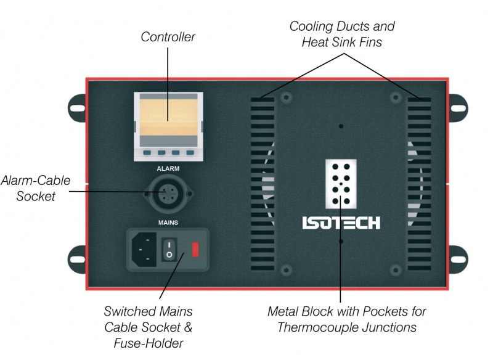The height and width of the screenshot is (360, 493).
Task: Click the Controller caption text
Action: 168,37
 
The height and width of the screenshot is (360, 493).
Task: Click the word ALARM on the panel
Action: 168,167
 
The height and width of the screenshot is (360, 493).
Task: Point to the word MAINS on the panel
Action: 168,220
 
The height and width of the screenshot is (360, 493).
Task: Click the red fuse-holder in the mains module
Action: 196,249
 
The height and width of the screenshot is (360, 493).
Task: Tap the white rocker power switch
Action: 169,249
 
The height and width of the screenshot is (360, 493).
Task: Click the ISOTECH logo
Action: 341,223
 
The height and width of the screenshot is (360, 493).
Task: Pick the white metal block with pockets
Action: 341,184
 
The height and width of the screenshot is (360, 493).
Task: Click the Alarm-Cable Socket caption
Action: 36,188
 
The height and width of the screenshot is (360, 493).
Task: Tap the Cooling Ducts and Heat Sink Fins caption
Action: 342,35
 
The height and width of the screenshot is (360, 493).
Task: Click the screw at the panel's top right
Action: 394,97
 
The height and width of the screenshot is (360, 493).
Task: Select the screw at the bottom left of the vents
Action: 286,270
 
